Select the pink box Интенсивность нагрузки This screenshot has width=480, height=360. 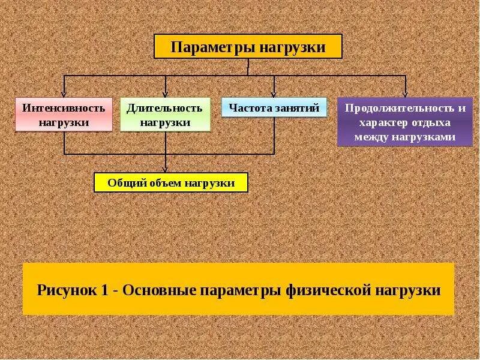click(x=64, y=115)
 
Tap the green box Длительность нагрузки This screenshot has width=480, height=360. click(x=165, y=115)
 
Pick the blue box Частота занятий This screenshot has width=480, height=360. click(x=274, y=108)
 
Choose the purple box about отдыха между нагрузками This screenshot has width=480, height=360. click(x=404, y=122)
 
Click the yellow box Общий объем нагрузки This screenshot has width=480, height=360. click(x=171, y=182)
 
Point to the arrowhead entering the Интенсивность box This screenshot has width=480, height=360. click(x=64, y=94)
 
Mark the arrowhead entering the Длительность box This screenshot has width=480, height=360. click(x=166, y=94)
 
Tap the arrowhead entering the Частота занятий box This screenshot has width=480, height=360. click(x=274, y=94)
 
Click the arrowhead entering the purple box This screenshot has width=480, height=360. click(x=405, y=94)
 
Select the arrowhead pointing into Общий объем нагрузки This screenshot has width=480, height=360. click(x=166, y=170)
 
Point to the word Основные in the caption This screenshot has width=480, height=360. click(x=161, y=290)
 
